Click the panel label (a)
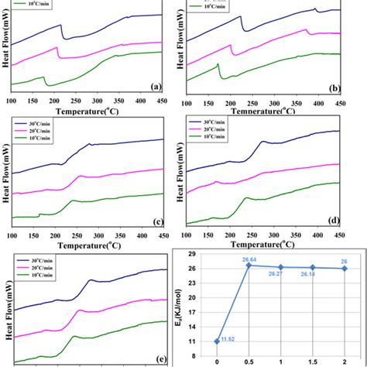pos(155,87)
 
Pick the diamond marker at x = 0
pos(216,341)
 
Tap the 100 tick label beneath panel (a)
pos(12,100)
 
